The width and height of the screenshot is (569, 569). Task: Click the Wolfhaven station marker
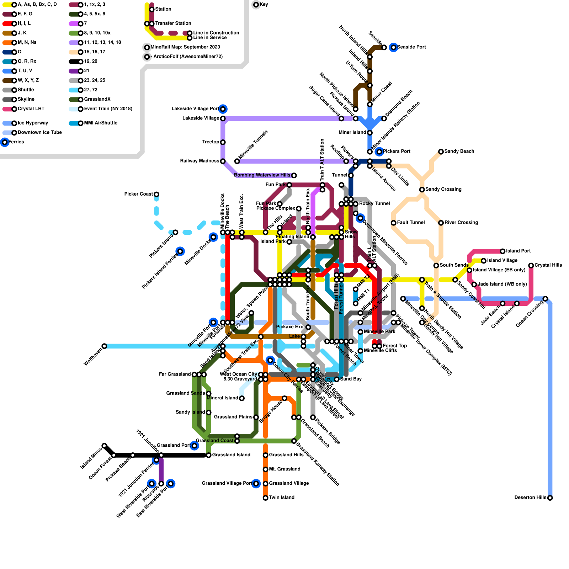(x=104, y=346)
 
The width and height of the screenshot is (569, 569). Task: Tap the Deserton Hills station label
(x=530, y=498)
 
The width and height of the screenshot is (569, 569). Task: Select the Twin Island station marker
(x=265, y=498)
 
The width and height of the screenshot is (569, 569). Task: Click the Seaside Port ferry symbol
(x=393, y=47)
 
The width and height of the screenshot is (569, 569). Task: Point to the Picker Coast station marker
(x=156, y=194)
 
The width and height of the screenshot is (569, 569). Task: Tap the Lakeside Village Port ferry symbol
(x=223, y=109)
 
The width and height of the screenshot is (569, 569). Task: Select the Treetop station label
(x=211, y=142)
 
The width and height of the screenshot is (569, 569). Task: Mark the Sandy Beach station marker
(x=441, y=152)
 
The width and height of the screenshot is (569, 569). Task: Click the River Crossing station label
(x=461, y=223)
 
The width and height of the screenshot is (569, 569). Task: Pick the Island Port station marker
(x=502, y=251)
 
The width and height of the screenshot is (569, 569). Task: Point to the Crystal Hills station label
(x=548, y=265)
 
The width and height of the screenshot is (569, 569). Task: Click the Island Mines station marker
(x=104, y=446)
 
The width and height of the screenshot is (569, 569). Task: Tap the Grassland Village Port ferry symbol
(x=256, y=484)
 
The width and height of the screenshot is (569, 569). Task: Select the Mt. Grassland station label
(x=284, y=469)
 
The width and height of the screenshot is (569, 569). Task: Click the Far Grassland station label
(x=175, y=374)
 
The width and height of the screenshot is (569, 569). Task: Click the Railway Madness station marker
(x=223, y=161)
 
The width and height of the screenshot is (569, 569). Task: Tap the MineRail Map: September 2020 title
(x=185, y=47)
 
